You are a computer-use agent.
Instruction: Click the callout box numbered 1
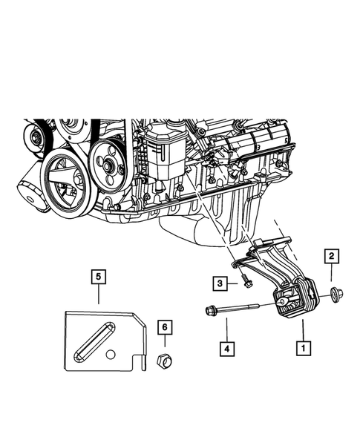(x=302, y=346)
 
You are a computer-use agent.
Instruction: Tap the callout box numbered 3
(x=220, y=283)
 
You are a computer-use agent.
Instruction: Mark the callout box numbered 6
(x=165, y=326)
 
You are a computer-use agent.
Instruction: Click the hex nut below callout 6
(x=165, y=361)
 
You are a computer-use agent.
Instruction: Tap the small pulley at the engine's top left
(x=33, y=137)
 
